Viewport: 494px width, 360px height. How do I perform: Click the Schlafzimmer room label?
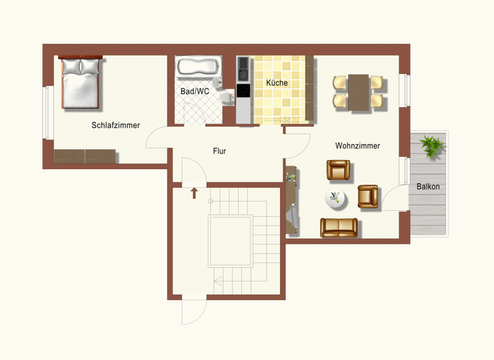(116, 125)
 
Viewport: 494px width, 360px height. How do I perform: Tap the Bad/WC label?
(194, 91)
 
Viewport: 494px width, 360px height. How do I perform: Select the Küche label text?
(277, 83)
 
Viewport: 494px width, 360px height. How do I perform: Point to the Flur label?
(219, 151)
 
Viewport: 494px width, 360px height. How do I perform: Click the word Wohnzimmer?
(358, 146)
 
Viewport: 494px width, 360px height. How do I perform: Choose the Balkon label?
(428, 186)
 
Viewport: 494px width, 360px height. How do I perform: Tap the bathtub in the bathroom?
(199, 67)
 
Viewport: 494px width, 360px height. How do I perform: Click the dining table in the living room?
(358, 92)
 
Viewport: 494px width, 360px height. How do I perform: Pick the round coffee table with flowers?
(335, 198)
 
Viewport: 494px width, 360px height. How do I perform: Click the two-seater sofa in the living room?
(338, 227)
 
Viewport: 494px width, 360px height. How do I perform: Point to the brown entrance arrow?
(194, 192)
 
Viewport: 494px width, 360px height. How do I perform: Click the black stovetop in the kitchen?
(244, 91)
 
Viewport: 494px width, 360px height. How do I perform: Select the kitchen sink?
(244, 65)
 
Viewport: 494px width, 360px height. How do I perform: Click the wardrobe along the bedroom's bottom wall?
(85, 156)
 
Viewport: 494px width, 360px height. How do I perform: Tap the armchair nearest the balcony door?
(368, 196)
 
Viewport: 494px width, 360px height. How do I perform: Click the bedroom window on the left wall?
(46, 113)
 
